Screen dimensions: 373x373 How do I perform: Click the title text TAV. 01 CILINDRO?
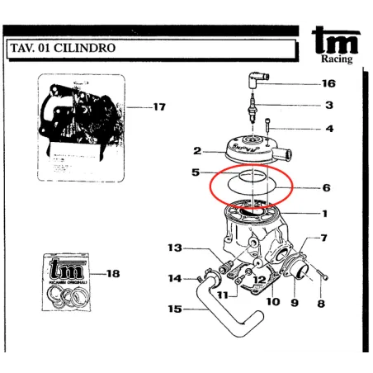tap(62, 48)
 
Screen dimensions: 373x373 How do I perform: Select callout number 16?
tap(328, 84)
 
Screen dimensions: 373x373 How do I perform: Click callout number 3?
tap(328, 106)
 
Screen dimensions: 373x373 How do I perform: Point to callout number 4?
tap(329, 129)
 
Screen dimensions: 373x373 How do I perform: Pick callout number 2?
tap(198, 151)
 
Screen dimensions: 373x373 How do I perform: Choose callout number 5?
tap(196, 172)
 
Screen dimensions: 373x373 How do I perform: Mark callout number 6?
tap(326, 188)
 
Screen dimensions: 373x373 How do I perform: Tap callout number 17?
tap(159, 106)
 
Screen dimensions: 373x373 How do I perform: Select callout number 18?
tap(114, 272)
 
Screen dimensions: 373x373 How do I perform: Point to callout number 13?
tap(174, 248)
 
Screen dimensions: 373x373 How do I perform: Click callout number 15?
tap(174, 310)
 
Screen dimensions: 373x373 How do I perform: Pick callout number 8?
tap(321, 303)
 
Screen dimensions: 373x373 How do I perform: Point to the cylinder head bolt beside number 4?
tap(269, 129)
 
